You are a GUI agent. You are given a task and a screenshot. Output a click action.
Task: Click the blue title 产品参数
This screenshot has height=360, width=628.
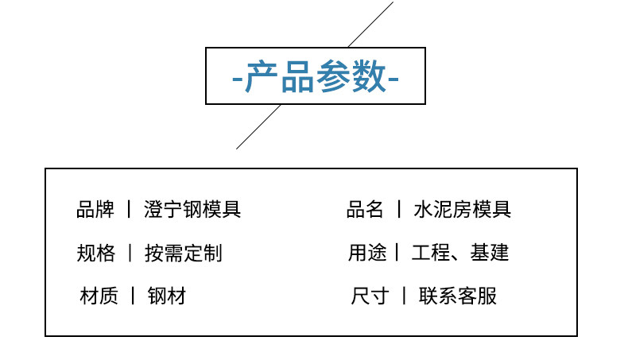point(316,77)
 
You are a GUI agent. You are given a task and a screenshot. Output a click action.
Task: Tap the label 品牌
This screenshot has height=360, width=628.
point(95,210)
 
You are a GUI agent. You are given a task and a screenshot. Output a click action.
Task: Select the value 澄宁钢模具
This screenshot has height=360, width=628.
point(192,210)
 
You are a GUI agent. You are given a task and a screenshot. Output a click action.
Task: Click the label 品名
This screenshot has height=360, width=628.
point(365,210)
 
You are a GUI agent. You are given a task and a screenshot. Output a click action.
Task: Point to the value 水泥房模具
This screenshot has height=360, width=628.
point(462,210)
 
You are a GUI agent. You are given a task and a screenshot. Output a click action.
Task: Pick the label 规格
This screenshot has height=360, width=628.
point(95,254)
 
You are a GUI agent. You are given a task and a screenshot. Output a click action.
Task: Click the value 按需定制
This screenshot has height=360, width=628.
point(183,254)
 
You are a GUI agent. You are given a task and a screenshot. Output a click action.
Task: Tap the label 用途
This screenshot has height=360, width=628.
point(366,254)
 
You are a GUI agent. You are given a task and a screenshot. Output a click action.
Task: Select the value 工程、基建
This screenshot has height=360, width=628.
point(460,254)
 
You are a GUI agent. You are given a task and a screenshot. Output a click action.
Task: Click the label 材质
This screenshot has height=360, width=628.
point(99,296)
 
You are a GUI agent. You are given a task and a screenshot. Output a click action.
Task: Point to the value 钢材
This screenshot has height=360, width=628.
point(166,296)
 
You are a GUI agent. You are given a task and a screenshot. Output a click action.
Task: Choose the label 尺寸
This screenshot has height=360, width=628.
point(370,296)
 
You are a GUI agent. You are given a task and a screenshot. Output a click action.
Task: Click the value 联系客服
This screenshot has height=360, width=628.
point(457,296)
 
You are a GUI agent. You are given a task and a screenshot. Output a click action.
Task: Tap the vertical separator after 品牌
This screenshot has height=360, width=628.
point(129,210)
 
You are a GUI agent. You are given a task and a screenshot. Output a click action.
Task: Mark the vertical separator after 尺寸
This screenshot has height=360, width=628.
point(404,296)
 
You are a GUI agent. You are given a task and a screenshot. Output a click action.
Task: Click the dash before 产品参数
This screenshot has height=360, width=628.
point(236,79)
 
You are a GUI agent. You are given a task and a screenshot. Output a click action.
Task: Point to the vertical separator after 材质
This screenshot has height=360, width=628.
point(132,296)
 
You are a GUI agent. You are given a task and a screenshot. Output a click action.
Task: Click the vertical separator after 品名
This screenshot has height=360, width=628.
point(399,210)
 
